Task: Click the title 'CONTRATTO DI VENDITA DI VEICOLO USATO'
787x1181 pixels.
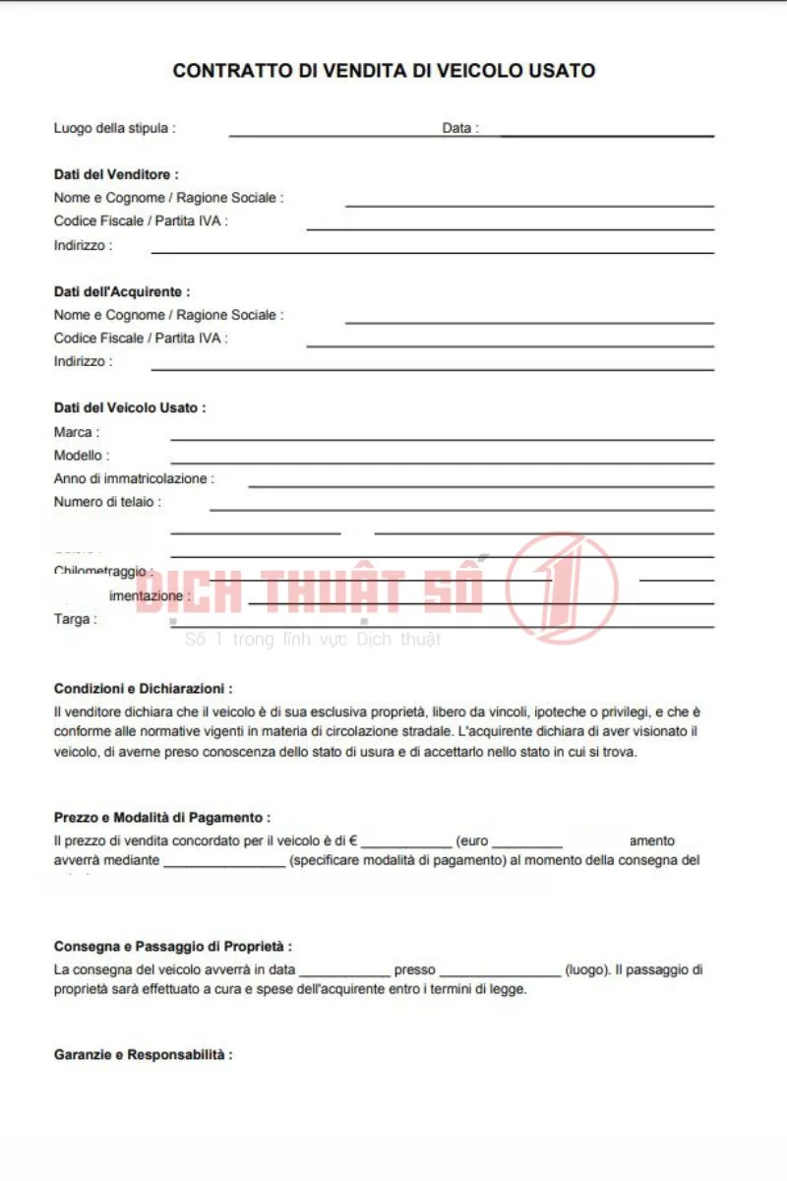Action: point(384,71)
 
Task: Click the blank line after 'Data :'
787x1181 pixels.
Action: point(607,134)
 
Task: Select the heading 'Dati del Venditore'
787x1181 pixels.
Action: point(115,174)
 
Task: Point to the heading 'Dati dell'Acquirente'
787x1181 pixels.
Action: point(121,291)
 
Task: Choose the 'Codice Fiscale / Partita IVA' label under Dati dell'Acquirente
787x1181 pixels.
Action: point(140,338)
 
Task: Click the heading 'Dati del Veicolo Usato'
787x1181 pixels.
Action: point(129,407)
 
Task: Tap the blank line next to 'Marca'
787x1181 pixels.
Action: point(442,438)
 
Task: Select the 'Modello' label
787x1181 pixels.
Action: point(81,456)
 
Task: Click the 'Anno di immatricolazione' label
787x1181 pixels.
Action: point(133,479)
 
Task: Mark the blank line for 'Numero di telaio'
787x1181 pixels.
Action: point(461,509)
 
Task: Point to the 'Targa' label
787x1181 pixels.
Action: point(75,620)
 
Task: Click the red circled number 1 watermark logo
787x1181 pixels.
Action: point(562,588)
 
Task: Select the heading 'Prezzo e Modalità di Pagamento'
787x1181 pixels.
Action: point(160,818)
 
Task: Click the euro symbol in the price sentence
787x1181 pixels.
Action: point(352,841)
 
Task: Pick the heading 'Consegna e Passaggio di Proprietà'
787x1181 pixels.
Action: point(172,946)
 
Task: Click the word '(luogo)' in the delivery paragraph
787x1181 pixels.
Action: point(586,969)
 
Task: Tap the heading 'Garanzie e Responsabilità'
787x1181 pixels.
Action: point(142,1055)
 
